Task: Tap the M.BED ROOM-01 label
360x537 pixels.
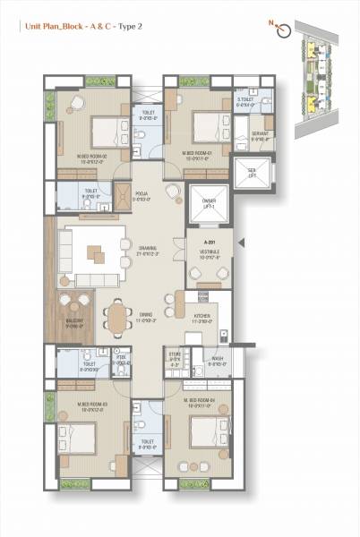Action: (196, 156)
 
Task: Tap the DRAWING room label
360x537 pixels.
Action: (148, 251)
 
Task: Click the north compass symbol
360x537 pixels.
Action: (285, 30)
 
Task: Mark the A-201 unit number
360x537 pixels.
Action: (210, 242)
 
